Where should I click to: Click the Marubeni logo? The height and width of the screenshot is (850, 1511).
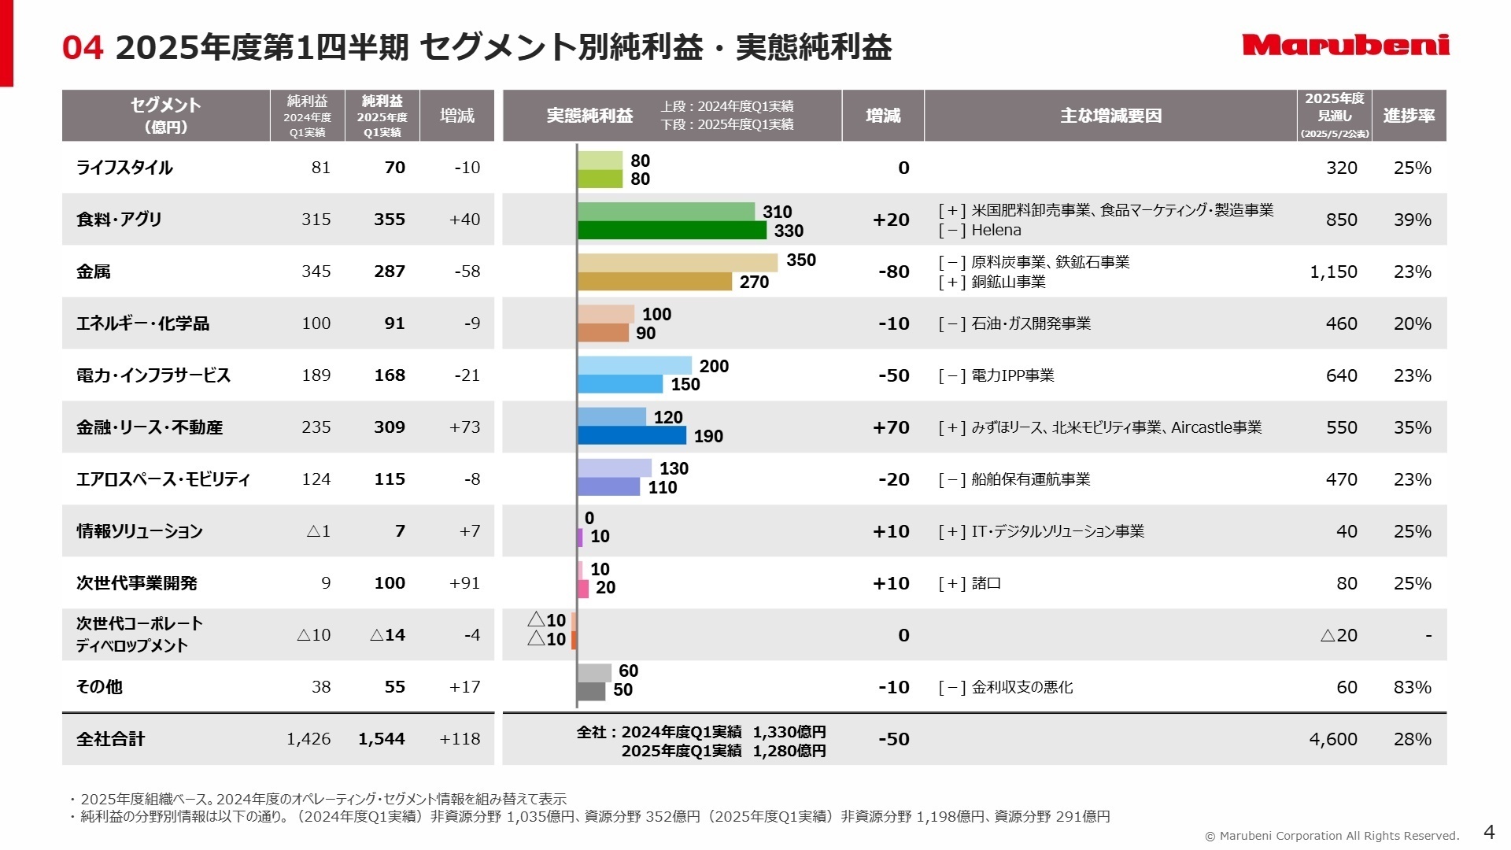point(1346,45)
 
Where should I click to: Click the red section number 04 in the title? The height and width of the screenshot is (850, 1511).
point(83,48)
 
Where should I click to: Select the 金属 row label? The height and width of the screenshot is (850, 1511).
point(94,272)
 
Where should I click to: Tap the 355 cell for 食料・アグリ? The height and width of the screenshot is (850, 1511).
point(389,220)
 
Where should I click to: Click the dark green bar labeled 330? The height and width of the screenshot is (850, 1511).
point(671,231)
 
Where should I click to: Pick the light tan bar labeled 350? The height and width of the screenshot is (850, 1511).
point(677,262)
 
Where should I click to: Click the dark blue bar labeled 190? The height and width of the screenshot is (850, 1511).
point(632,436)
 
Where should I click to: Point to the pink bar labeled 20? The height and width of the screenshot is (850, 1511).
point(583,589)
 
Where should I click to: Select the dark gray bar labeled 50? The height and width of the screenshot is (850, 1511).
point(591,691)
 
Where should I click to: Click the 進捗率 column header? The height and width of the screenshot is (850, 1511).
point(1409,116)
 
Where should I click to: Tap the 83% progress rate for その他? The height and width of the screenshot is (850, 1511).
point(1412,687)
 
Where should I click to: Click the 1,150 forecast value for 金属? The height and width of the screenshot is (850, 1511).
point(1333,272)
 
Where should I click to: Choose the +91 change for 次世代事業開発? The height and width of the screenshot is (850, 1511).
point(464,583)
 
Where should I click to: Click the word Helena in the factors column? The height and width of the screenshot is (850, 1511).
point(996,231)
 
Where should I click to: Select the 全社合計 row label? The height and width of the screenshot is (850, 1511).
point(111,739)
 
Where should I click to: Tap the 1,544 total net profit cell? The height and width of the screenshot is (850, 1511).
point(382,739)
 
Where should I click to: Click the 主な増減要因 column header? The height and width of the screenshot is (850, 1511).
point(1110,116)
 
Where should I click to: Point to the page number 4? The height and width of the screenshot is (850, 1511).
point(1488,832)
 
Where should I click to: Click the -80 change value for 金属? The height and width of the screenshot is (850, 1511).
point(893,272)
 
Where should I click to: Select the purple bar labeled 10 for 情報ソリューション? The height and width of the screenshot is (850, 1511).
point(580,538)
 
